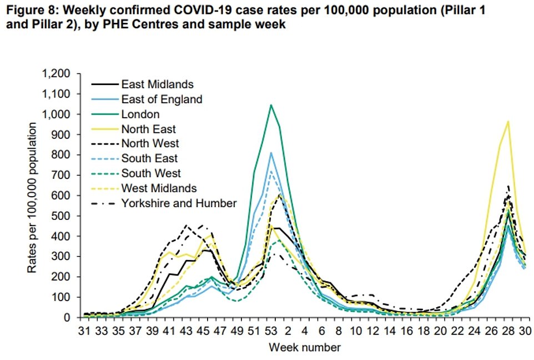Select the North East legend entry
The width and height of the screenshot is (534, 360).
pos(148,129)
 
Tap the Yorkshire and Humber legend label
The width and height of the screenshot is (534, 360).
pos(179,203)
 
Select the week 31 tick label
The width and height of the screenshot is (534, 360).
pos(85,332)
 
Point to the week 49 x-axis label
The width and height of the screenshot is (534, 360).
pos(238,332)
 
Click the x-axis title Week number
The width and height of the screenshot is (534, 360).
pos(305,348)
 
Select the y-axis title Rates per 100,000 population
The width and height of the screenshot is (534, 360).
pos(34,197)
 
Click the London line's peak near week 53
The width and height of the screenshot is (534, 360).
pos(271,104)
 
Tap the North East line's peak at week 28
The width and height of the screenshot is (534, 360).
pos(508,122)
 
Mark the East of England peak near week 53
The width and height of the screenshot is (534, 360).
pos(271,153)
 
